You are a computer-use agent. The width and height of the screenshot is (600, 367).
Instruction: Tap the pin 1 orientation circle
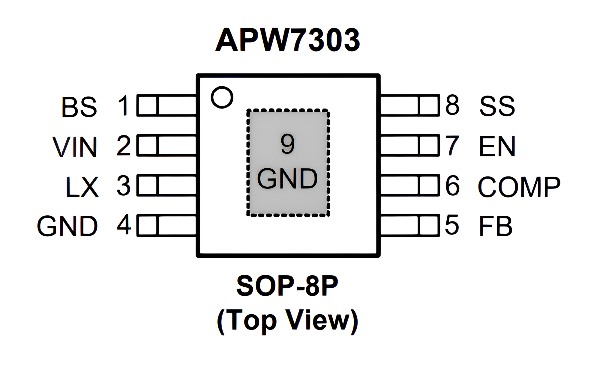222,97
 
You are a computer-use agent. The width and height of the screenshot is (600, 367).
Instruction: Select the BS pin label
79,107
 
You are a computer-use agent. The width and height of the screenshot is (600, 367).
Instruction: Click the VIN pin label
75,147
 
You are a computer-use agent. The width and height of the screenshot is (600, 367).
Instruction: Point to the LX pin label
82,187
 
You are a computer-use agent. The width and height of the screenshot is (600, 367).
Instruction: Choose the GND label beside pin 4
67,226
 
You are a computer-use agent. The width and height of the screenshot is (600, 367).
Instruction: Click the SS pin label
497,106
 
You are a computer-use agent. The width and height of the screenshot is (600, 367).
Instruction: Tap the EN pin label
497,146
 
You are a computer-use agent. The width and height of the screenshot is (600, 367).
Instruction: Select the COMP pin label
519,187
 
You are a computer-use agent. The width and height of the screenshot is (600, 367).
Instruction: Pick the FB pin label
496,226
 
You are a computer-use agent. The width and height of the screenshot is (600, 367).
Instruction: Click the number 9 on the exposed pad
287,144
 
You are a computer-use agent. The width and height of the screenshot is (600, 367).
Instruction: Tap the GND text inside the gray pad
287,179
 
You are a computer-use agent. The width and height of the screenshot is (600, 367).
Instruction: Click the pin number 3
124,186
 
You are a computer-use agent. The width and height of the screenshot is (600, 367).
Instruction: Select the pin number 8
452,105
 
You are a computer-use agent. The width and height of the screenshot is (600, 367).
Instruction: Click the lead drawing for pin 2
167,146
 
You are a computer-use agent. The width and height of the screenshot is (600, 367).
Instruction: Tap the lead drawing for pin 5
409,225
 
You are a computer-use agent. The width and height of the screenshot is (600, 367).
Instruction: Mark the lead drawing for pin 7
409,146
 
